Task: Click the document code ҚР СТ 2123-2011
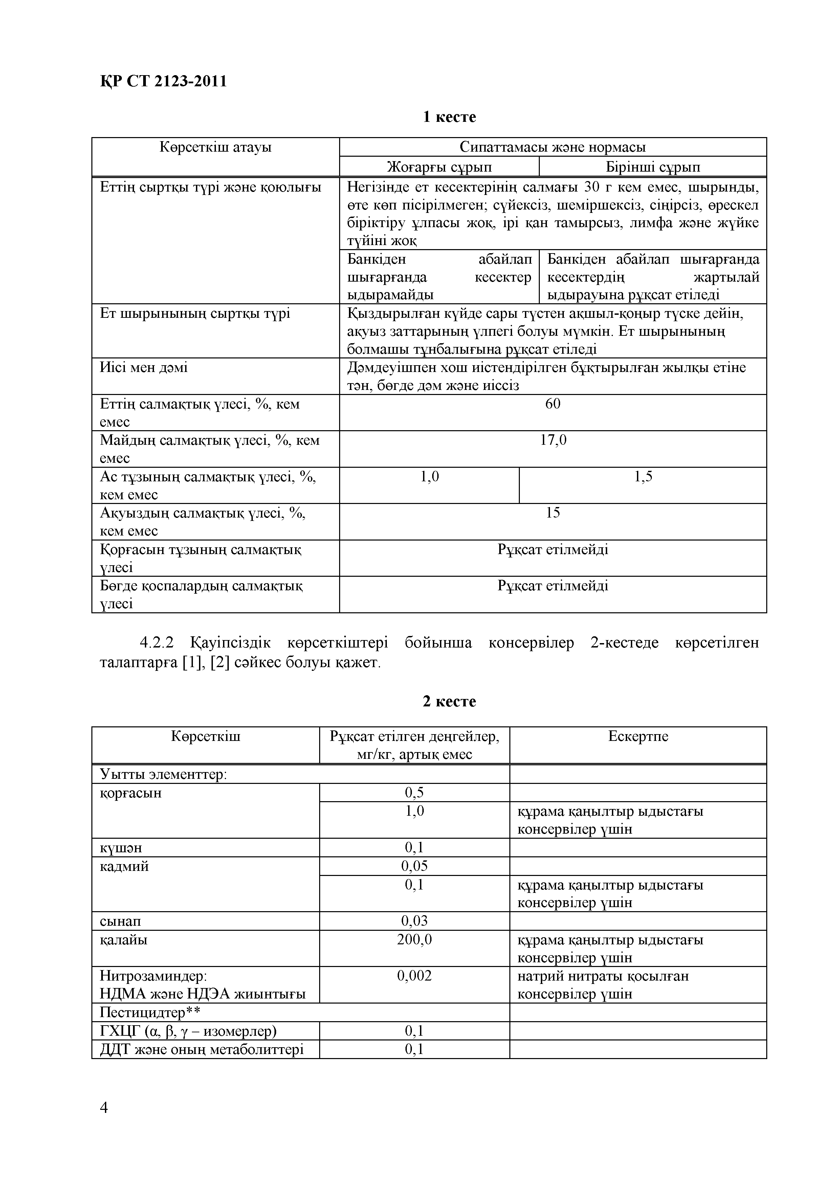163,81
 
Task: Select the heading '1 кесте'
449,117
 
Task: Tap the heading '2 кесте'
449,701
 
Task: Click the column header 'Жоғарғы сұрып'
439,167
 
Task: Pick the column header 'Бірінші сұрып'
653,167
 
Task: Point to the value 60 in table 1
552,404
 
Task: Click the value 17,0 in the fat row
552,440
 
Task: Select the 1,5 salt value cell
643,476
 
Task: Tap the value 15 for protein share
552,512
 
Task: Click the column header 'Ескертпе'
638,736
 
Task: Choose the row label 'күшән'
120,848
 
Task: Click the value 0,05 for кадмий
414,866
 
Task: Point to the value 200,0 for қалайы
414,939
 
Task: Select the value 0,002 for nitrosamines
414,976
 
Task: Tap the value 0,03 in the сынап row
414,921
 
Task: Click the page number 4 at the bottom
104,1107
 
